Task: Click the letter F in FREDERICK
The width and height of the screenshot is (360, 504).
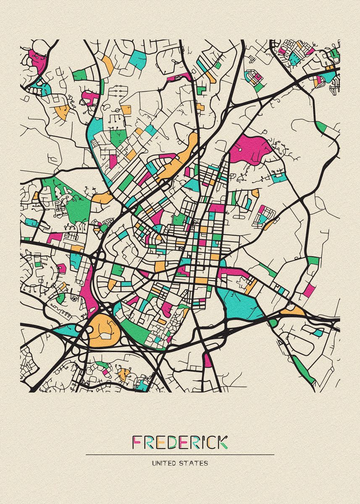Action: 137,441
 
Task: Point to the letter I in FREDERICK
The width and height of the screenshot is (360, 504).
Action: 201,441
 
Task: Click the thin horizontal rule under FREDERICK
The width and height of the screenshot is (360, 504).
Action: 180,454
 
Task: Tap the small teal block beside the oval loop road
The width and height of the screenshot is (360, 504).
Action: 319,332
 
